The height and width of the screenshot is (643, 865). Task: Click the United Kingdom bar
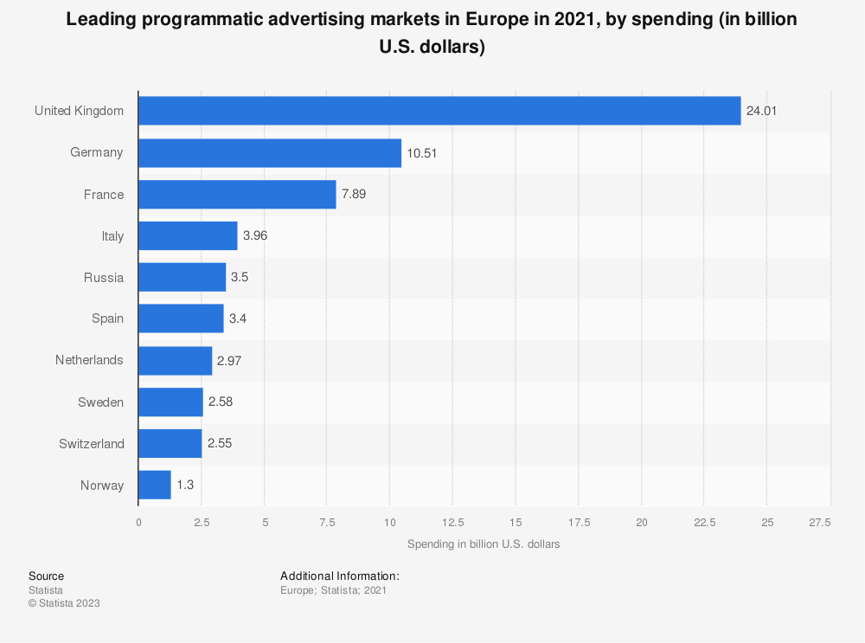pos(439,111)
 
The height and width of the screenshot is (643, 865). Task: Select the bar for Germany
pos(270,153)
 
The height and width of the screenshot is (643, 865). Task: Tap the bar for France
pos(237,195)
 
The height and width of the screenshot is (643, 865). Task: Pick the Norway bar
pos(155,485)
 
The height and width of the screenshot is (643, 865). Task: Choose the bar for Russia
pos(182,278)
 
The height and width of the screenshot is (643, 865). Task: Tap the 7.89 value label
pos(354,195)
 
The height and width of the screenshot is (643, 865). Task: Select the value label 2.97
pos(229,361)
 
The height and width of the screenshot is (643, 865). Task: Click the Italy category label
pos(112,236)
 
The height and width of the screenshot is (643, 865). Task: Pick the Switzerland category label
pos(92,444)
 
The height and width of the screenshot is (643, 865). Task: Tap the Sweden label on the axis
pos(101,402)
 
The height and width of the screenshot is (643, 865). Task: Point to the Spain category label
pos(107,319)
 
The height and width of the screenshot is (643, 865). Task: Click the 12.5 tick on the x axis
pos(453,523)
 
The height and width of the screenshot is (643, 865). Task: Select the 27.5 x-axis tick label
pos(819,523)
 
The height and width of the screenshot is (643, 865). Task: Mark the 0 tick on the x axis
pos(138,523)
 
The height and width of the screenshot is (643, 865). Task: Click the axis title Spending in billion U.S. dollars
pos(484,544)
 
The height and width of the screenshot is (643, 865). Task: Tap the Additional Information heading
pos(340,575)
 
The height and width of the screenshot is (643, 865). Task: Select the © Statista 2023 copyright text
pos(64,603)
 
